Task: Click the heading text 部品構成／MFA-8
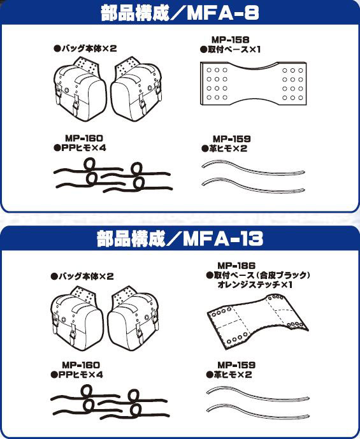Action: coord(180,13)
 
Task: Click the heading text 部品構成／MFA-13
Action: coord(180,239)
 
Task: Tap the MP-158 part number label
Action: coord(230,40)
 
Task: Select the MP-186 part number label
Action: coord(236,266)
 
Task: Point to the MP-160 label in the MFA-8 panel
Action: coord(84,138)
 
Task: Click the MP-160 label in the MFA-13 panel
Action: coord(81,365)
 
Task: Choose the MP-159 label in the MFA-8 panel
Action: coord(232,139)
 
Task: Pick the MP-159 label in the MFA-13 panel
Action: coord(236,365)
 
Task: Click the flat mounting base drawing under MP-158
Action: coord(254,83)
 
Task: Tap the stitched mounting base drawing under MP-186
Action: coord(257,322)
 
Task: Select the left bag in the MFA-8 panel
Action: coord(80,89)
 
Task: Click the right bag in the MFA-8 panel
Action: coord(136,89)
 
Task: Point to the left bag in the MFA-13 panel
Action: coord(76,319)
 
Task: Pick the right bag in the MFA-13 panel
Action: coord(133,319)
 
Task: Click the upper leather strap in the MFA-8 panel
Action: coord(254,168)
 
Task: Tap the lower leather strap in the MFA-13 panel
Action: coord(258,412)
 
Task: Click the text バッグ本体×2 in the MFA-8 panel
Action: coord(85,48)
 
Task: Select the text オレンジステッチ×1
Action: coord(255,285)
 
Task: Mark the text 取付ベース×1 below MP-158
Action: coord(230,50)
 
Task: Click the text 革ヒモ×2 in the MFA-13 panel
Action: coord(229,375)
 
